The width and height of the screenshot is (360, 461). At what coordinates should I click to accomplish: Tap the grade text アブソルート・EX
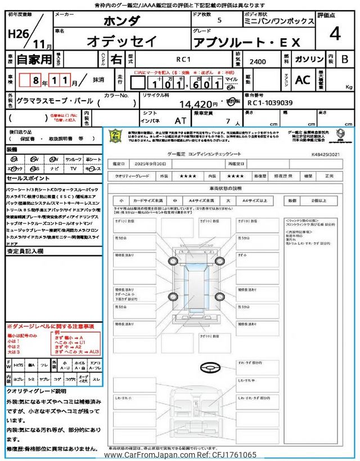point(246,42)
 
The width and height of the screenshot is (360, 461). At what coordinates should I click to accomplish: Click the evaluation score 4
point(335,34)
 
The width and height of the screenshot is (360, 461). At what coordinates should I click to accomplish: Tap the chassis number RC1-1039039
point(269,103)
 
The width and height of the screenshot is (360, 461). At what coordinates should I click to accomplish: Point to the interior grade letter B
point(345,58)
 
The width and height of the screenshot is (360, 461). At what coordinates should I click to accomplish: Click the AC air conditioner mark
point(303,80)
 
